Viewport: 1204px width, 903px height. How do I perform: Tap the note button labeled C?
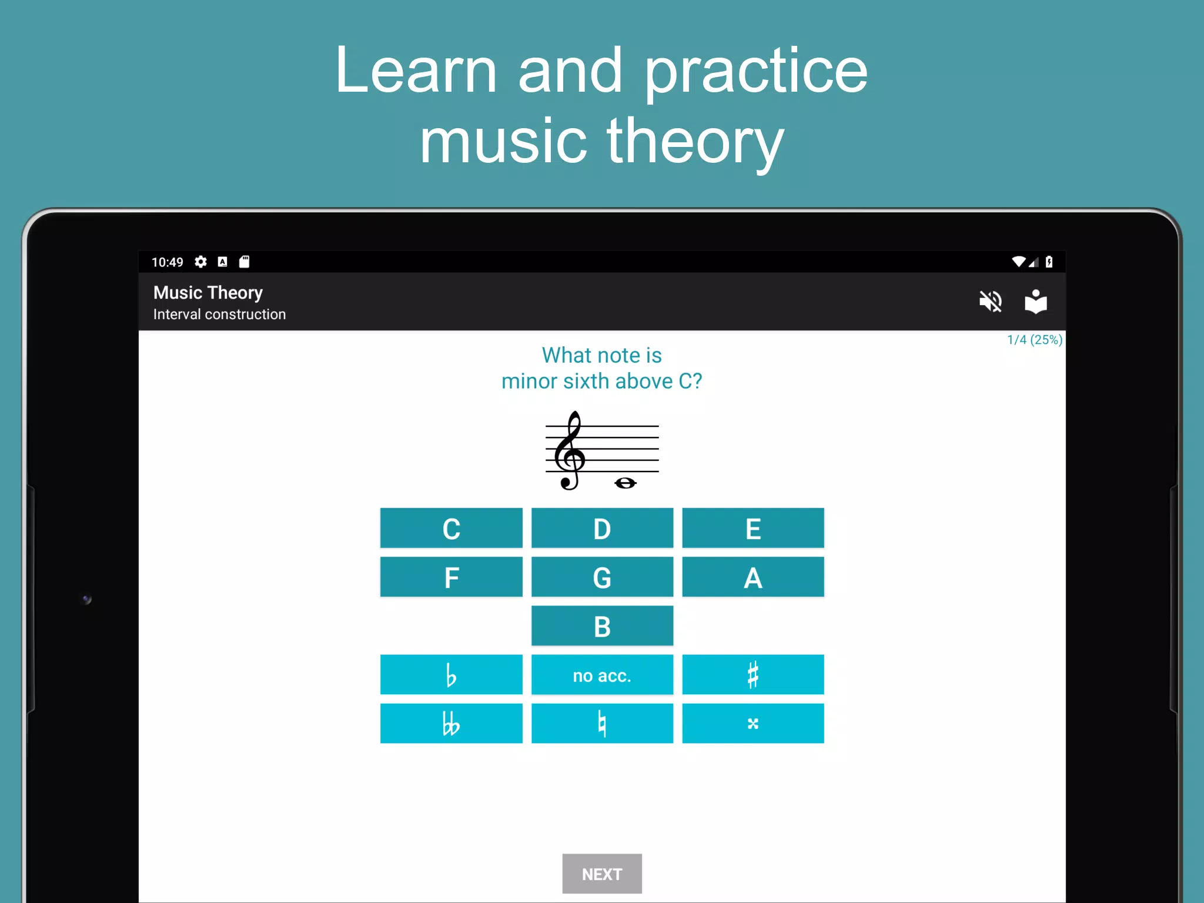pos(451,528)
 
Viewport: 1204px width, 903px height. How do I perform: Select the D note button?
pos(602,528)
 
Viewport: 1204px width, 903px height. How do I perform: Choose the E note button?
pos(753,528)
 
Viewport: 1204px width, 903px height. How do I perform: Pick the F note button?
pos(451,577)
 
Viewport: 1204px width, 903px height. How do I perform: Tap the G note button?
pos(602,577)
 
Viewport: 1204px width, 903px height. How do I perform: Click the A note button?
pos(753,577)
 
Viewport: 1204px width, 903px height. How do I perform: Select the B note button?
pos(602,626)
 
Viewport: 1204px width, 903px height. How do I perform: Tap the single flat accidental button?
pos(451,674)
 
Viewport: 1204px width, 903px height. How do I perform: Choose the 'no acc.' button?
pos(602,674)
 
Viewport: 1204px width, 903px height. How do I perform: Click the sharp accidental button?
pos(753,674)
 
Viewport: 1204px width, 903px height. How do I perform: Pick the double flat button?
pos(451,723)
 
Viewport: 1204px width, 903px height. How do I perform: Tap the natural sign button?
pos(602,723)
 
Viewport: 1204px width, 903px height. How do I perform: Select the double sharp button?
pos(753,723)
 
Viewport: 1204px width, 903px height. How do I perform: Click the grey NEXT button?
pos(602,874)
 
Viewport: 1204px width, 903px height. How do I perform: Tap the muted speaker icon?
pos(991,302)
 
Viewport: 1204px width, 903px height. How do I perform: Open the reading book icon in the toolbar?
pos(1036,302)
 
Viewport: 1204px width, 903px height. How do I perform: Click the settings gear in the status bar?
pos(200,262)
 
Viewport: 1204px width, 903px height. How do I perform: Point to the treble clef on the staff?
pos(569,450)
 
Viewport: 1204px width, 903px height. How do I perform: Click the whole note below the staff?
pos(625,483)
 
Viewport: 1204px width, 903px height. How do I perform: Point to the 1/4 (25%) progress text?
pos(1035,340)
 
